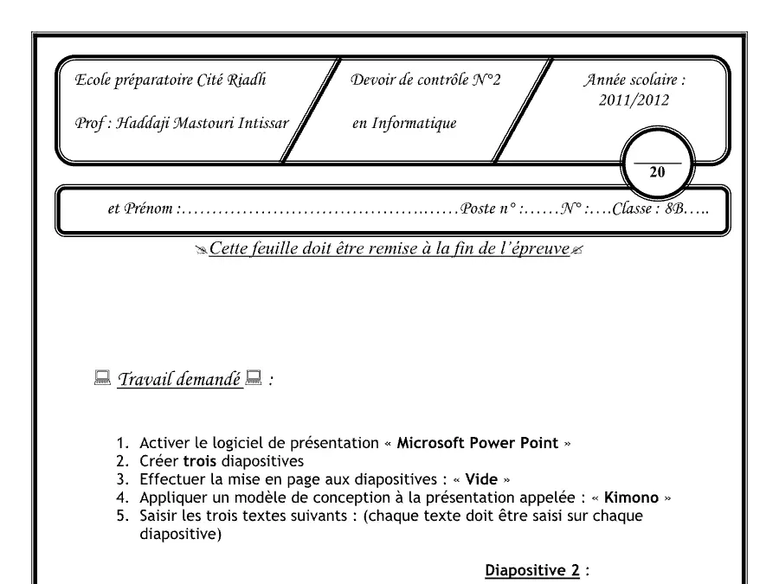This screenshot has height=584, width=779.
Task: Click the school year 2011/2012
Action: (634, 100)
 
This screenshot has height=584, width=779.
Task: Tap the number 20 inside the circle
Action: (657, 172)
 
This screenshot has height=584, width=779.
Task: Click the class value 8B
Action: (673, 209)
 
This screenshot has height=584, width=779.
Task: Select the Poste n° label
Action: (488, 208)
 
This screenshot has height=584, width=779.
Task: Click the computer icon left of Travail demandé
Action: (102, 378)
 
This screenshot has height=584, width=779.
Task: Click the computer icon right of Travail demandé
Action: (254, 378)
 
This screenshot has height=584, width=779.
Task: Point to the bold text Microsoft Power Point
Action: (478, 442)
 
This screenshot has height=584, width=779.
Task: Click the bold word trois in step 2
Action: (200, 461)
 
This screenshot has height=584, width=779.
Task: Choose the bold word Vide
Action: (481, 479)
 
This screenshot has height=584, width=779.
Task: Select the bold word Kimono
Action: (631, 497)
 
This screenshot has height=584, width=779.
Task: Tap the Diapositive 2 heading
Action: (532, 570)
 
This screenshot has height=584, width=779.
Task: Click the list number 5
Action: (122, 516)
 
